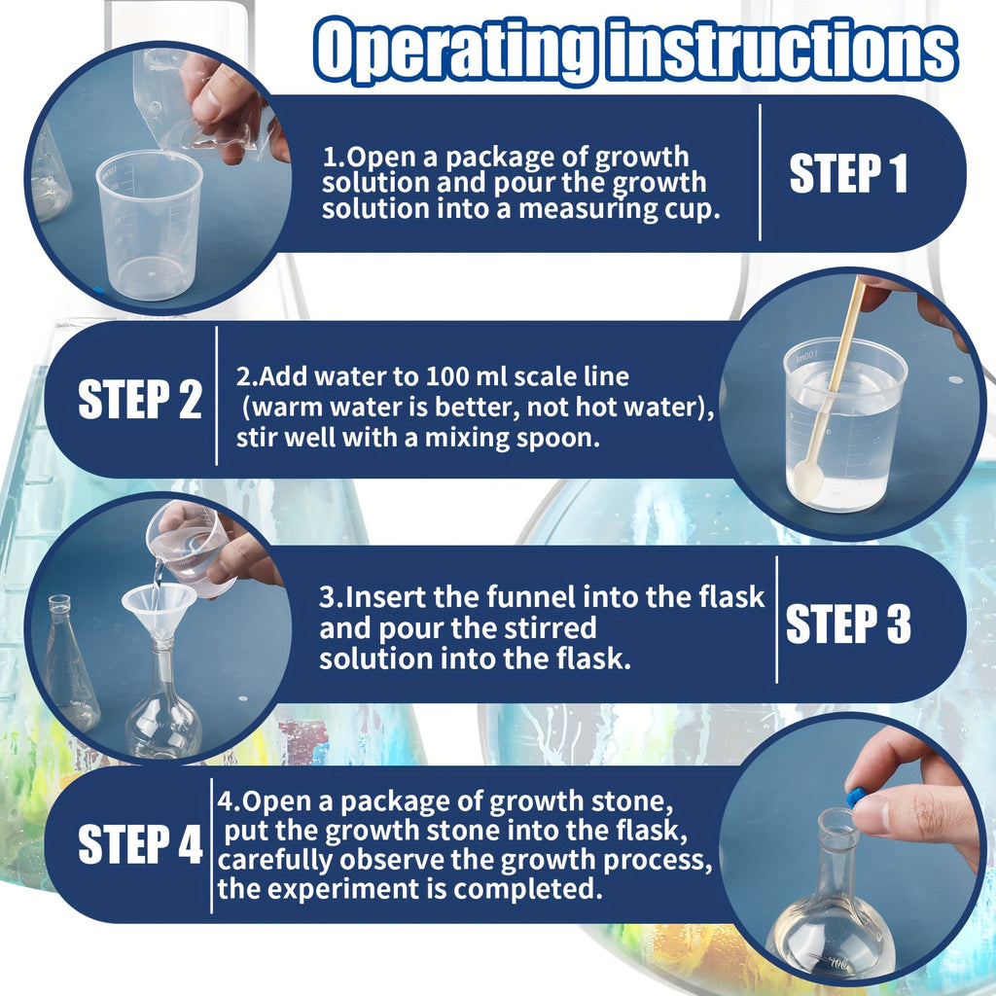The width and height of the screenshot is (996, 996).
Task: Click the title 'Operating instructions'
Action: [636, 51]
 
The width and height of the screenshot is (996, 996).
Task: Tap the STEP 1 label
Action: [848, 174]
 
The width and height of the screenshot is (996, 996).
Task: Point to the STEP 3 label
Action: [848, 623]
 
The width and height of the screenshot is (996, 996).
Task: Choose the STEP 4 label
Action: [139, 844]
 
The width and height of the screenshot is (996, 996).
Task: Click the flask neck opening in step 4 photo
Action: [837, 818]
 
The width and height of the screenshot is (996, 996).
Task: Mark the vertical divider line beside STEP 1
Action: [760, 173]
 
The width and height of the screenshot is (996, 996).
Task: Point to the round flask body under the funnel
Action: [163, 722]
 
